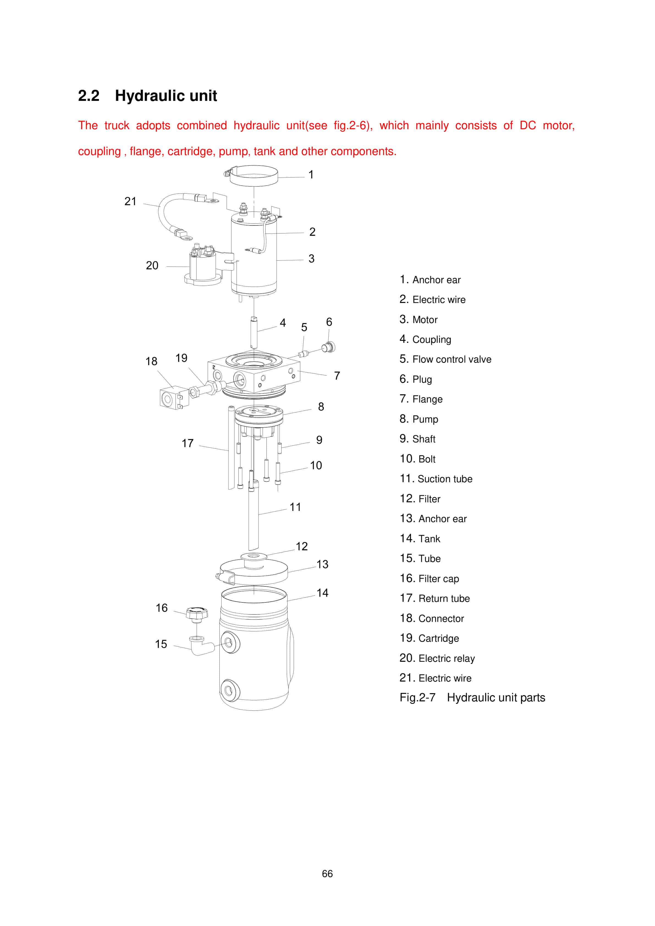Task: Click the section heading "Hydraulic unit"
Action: coord(166,96)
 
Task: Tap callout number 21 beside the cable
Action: coord(130,201)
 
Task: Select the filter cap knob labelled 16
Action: coord(197,613)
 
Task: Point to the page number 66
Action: coord(327,873)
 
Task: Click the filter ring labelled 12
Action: coord(254,556)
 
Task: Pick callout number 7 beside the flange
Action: coord(337,376)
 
